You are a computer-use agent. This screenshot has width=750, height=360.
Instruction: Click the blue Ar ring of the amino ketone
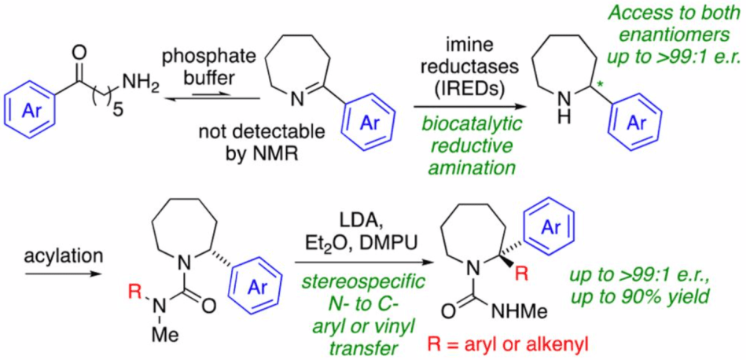pyautogui.click(x=31, y=101)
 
